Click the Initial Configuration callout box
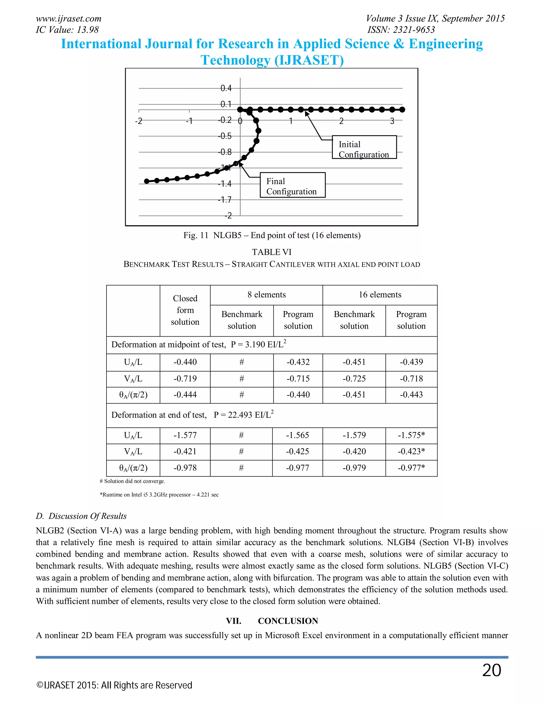click(x=364, y=147)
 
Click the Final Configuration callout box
click(x=293, y=185)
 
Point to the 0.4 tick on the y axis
click(x=226, y=88)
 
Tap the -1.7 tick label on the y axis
click(x=225, y=200)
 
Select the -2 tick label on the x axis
click(x=139, y=121)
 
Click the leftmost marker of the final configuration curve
click(x=147, y=181)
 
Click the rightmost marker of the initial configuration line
click(x=402, y=110)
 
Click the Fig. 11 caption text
click(x=272, y=235)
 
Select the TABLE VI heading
click(x=272, y=252)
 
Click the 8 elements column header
click(x=266, y=295)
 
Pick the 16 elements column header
click(x=380, y=295)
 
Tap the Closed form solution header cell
click(x=185, y=310)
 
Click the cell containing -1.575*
click(x=411, y=435)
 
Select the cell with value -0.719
click(x=185, y=379)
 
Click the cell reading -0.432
click(x=298, y=362)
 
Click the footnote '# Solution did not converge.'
click(x=133, y=481)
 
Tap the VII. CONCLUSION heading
click(x=272, y=621)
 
